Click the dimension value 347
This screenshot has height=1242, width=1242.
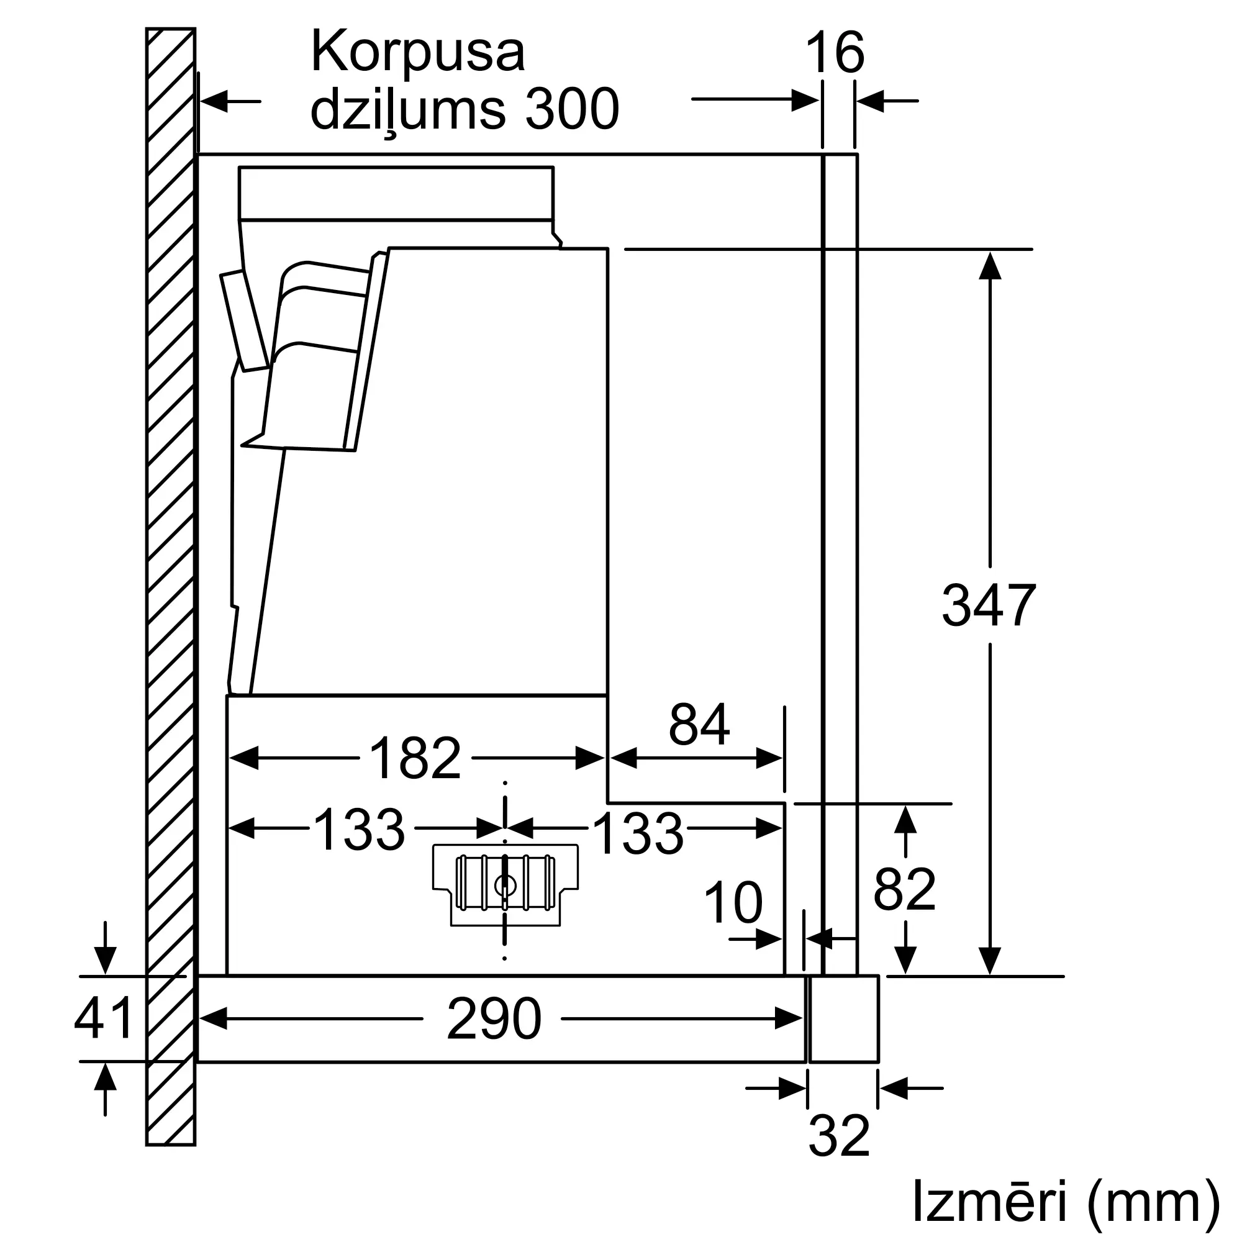coord(988,605)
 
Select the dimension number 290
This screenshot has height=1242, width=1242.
coord(494,1019)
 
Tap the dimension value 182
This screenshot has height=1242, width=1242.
coord(415,759)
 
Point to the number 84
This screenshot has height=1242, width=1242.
coord(699,725)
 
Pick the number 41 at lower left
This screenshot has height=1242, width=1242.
coord(103,1018)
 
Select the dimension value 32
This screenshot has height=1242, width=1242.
coord(839,1136)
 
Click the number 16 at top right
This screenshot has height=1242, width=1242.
coord(835,53)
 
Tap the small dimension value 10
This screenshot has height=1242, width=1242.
coord(733,903)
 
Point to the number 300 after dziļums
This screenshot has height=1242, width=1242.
coord(571,109)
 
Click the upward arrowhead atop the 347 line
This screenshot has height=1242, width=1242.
coord(990,266)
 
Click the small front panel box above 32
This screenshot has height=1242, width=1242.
coord(844,1019)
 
